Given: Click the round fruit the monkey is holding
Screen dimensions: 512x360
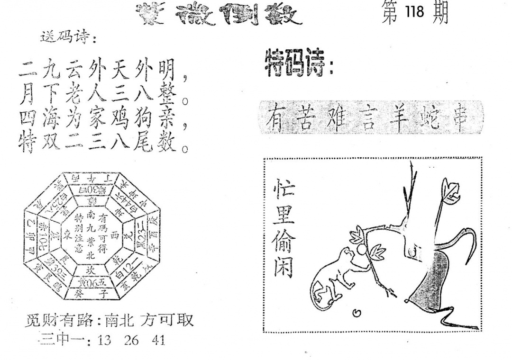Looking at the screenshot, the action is [x=361, y=248].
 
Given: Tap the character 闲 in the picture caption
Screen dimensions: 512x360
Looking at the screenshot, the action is [x=283, y=268].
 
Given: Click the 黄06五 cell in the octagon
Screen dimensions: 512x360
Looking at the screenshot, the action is [x=90, y=283].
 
